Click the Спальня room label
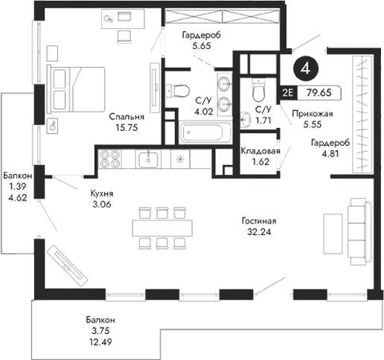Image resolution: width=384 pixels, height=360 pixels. (126, 117)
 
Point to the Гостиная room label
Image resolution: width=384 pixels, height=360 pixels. (259, 221)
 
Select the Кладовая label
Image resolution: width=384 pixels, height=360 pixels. (260, 151)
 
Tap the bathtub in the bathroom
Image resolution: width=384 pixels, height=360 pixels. (208, 134)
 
